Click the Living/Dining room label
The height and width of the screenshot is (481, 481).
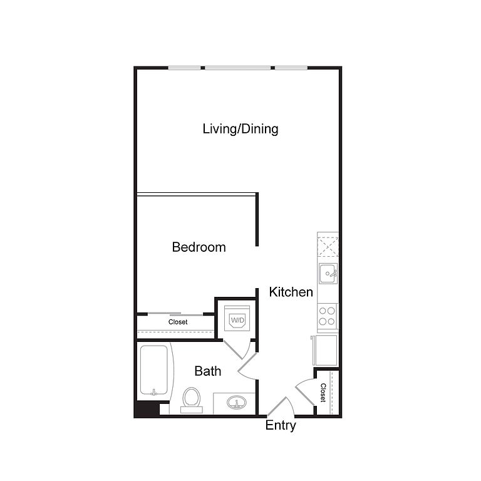pyautogui.click(x=240, y=129)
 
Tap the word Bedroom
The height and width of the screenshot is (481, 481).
pyautogui.click(x=199, y=247)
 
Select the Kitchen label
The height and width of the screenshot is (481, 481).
pyautogui.click(x=291, y=292)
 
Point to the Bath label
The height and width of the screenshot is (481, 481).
pyautogui.click(x=208, y=371)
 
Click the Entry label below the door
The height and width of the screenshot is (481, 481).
pyautogui.click(x=281, y=426)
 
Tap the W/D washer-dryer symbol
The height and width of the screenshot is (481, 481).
pyautogui.click(x=237, y=318)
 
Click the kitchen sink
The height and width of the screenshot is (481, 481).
pyautogui.click(x=328, y=273)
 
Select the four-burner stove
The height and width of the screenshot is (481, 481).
pyautogui.click(x=328, y=316)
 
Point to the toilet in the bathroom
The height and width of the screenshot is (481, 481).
pyautogui.click(x=192, y=400)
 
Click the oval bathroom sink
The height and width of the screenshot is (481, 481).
pyautogui.click(x=237, y=402)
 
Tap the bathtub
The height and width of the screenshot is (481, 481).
pyautogui.click(x=154, y=370)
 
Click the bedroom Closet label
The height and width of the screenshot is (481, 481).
pyautogui.click(x=178, y=322)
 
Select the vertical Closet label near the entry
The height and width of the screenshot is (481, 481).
pyautogui.click(x=323, y=392)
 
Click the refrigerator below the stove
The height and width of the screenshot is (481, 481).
pyautogui.click(x=326, y=350)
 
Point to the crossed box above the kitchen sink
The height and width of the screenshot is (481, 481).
pyautogui.click(x=328, y=247)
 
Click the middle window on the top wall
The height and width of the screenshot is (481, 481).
pyautogui.click(x=238, y=68)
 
